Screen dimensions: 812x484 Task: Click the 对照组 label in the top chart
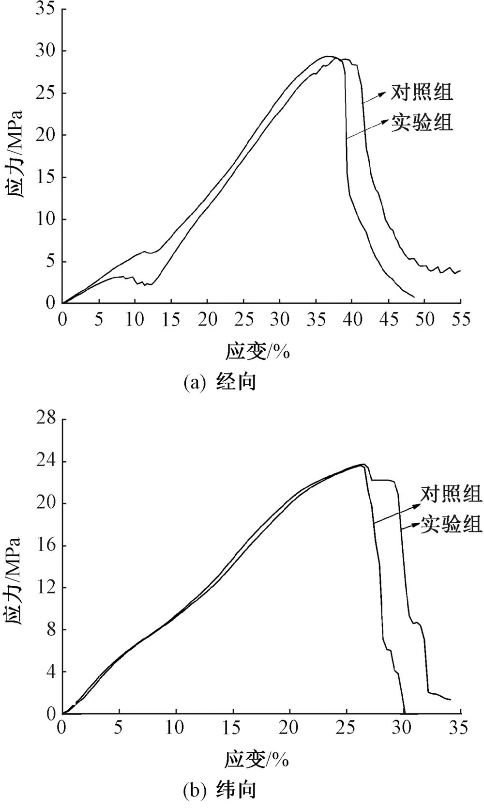pos(422,92)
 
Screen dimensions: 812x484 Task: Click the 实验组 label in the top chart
pos(422,123)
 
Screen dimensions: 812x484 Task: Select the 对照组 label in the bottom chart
pos(451,494)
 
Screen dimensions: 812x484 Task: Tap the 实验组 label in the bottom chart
pos(451,524)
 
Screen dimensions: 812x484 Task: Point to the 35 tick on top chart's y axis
pos(44,9)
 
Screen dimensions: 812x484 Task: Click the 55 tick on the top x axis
pos(460,320)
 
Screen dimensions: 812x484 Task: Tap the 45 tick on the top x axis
pos(388,320)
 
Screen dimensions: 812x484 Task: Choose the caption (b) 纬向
pos(220,790)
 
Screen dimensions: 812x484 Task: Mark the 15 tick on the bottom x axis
pos(233,728)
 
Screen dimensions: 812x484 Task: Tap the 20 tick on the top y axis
pos(44,135)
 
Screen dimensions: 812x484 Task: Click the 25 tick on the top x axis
pos(243,320)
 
